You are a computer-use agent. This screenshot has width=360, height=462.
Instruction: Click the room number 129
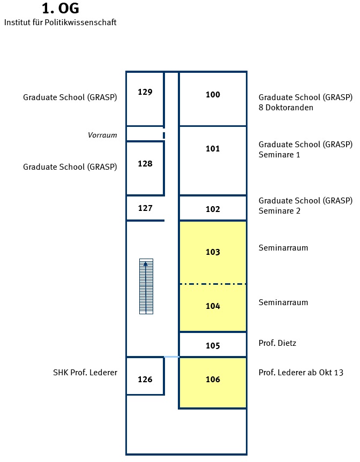(145, 92)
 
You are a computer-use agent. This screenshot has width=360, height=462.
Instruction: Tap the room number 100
(213, 95)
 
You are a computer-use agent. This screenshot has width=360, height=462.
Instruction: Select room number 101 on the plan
(213, 148)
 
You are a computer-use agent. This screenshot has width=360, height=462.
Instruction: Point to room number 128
(145, 163)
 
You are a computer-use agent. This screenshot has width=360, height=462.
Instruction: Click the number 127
(145, 208)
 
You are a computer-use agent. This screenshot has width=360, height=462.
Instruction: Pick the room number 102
(213, 209)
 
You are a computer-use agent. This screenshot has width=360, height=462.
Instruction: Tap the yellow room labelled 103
(213, 252)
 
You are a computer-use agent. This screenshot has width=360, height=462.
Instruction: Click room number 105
(213, 346)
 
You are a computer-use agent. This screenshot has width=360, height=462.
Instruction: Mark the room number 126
(145, 379)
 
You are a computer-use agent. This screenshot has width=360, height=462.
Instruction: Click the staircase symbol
(146, 286)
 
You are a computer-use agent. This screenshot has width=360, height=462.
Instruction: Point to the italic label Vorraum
(102, 135)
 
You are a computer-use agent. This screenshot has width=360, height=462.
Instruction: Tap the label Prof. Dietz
(277, 343)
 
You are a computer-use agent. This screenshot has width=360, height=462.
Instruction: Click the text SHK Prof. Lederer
(85, 373)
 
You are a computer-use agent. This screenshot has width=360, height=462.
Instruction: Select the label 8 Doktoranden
(286, 108)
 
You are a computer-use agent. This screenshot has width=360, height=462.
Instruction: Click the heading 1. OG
(61, 9)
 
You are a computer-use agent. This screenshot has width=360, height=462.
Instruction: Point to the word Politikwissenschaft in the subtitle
(80, 22)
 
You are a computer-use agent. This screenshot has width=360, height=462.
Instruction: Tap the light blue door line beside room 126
(171, 357)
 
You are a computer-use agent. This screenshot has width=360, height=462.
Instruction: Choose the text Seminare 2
(280, 211)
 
